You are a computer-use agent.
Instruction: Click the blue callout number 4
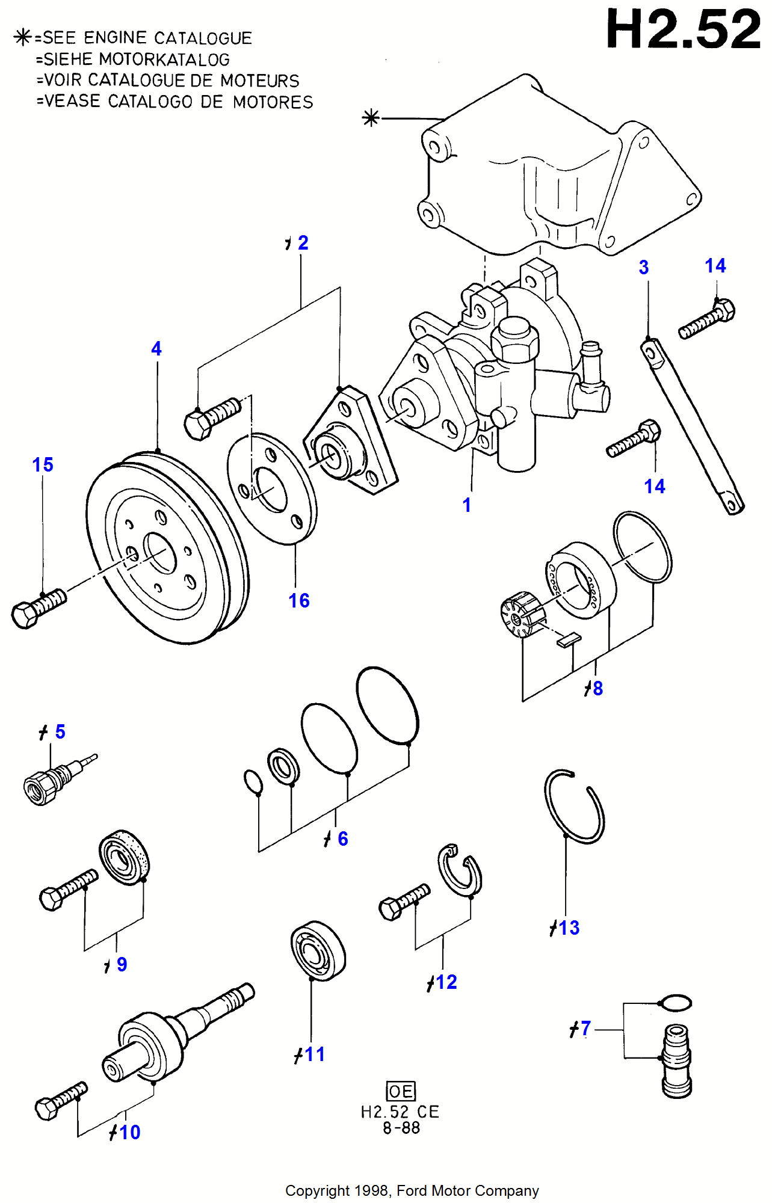[x=156, y=348]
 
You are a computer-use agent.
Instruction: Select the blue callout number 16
[x=299, y=600]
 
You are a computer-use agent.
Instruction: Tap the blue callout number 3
[x=644, y=267]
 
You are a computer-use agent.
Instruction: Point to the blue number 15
[x=43, y=464]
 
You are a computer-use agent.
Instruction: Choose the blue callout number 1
[x=467, y=505]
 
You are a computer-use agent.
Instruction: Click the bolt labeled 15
[x=39, y=608]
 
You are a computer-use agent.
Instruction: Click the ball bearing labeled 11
[x=318, y=950]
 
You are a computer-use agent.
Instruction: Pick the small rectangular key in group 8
[x=569, y=639]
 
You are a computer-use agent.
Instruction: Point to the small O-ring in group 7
[x=675, y=1003]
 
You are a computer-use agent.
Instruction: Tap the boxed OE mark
[x=401, y=1091]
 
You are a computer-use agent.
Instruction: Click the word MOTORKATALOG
[x=164, y=60]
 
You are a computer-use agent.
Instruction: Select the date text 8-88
[x=401, y=1128]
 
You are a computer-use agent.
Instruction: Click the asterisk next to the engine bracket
[x=371, y=118]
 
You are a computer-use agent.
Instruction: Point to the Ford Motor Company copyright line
[x=412, y=1191]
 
